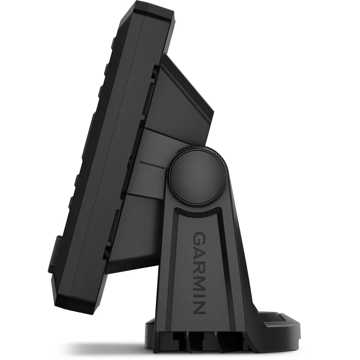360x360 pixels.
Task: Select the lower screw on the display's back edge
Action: [107, 253]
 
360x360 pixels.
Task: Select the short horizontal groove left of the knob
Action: [152, 165]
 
